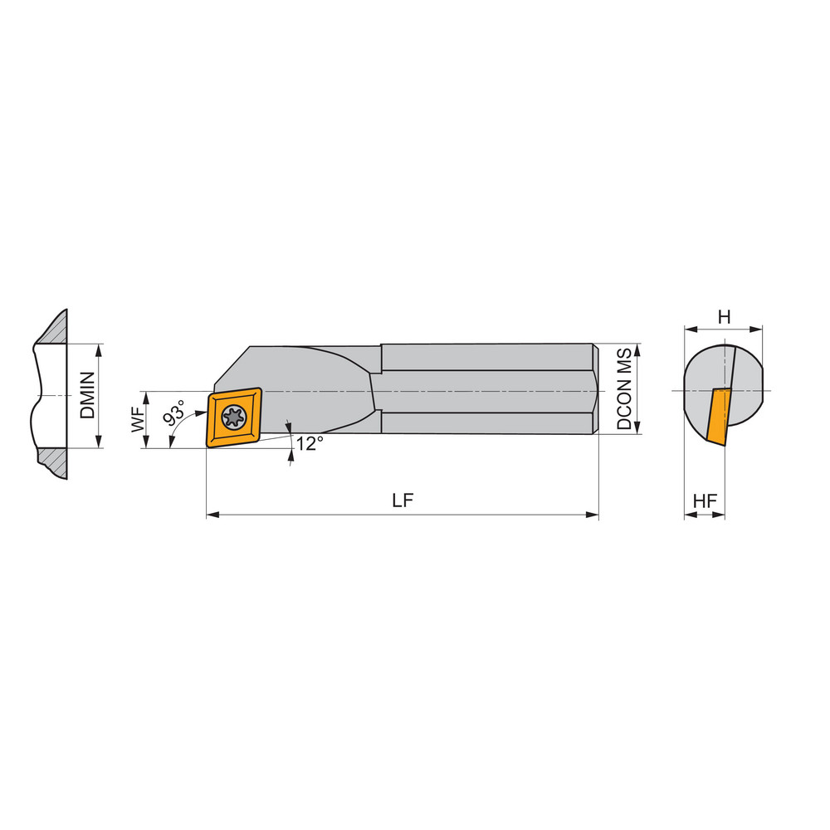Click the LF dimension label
click(x=403, y=501)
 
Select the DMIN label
click(x=88, y=395)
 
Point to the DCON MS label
click(x=624, y=388)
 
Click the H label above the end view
click(x=724, y=317)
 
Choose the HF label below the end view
click(x=705, y=502)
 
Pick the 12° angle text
click(x=308, y=444)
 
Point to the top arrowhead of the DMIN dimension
click(x=99, y=349)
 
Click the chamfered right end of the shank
click(x=595, y=388)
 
